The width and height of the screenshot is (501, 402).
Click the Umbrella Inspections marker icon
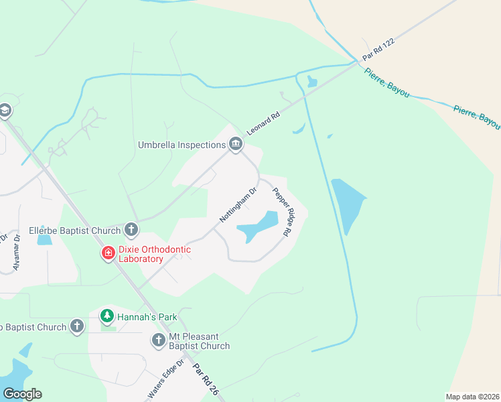[x=235, y=144]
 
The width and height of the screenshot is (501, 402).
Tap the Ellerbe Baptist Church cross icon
[x=131, y=230]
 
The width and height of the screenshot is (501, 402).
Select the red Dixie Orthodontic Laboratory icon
[x=108, y=253]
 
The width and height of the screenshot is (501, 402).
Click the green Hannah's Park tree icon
[x=106, y=315]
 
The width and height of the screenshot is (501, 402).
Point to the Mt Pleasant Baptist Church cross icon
[x=159, y=340]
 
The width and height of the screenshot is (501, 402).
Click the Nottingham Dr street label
[x=239, y=205]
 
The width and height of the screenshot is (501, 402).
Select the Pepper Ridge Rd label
[x=281, y=211]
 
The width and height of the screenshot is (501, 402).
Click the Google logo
[x=22, y=394]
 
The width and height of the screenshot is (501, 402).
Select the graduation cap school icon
[x=5, y=110]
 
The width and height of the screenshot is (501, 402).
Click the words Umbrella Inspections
[x=182, y=145]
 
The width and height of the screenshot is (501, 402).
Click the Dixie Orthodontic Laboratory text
[x=154, y=254]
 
